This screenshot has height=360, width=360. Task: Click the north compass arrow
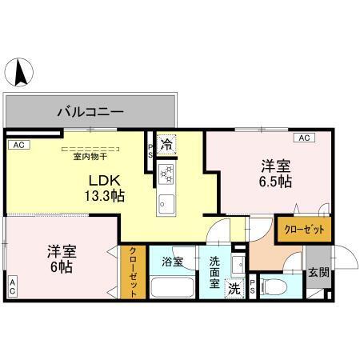[x=19, y=74]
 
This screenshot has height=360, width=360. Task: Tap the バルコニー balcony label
[x=90, y=112]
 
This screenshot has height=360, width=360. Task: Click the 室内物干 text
[x=90, y=156]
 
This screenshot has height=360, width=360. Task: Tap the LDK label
[x=104, y=180]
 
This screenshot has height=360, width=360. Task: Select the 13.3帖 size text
[x=106, y=196]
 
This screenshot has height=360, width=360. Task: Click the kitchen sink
[x=166, y=202]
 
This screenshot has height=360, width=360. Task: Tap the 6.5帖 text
[x=275, y=182]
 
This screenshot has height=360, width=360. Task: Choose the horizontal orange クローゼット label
[x=304, y=229]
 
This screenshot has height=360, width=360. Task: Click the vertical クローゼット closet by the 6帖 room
[x=133, y=273]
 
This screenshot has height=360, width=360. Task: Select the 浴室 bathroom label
[x=173, y=261]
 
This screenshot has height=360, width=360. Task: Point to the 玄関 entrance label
[x=317, y=272]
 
